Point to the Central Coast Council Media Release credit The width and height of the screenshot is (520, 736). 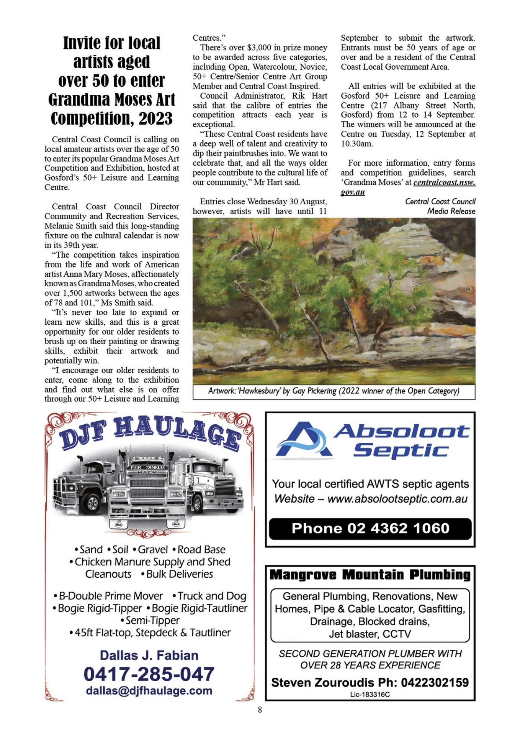click(440, 206)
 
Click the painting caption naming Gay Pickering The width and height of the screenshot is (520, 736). click(334, 391)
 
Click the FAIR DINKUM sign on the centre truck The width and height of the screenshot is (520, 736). click(147, 467)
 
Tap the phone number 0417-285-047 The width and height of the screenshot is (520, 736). click(149, 674)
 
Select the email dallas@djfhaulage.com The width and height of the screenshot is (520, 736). click(149, 691)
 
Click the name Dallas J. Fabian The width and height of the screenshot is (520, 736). click(149, 655)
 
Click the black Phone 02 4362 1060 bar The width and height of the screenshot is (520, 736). click(370, 529)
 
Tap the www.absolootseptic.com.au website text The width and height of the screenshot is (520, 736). click(397, 499)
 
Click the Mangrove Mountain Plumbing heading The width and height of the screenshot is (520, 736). click(370, 575)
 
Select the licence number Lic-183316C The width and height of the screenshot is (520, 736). click(370, 695)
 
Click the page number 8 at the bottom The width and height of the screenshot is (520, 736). click(260, 710)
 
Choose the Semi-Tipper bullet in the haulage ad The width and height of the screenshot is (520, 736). click(150, 620)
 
